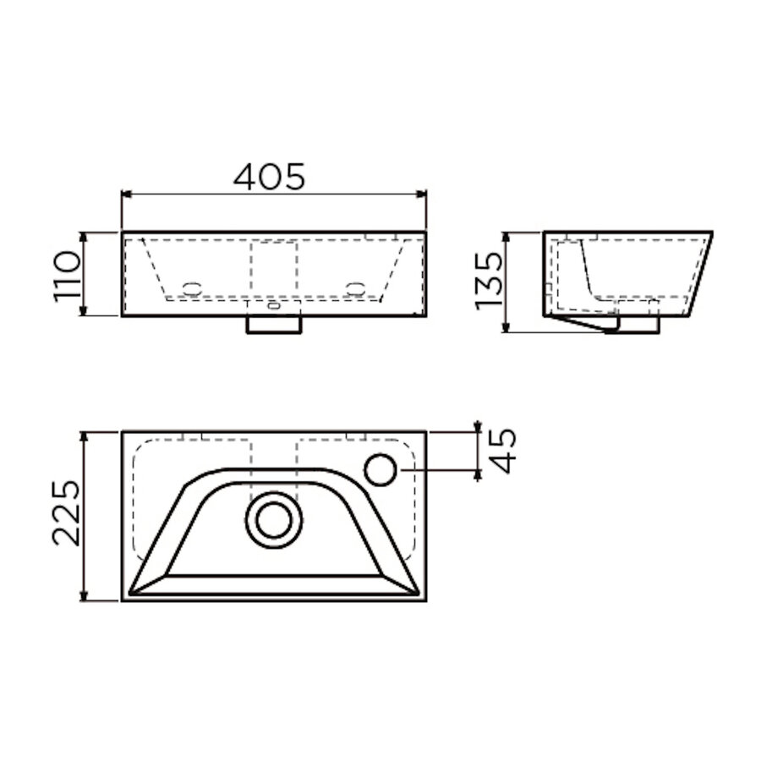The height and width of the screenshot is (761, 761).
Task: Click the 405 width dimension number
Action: [x=269, y=176]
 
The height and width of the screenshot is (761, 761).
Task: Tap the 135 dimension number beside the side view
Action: [x=488, y=280]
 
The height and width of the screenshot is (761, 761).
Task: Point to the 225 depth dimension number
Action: [x=66, y=515]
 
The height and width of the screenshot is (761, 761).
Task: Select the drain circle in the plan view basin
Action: [x=274, y=519]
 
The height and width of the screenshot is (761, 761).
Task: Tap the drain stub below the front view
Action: [x=274, y=324]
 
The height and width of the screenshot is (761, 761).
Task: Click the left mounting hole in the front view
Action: [x=194, y=287]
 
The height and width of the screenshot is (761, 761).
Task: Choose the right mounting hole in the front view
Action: [x=355, y=287]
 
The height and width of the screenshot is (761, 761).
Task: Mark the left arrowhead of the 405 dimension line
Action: [x=127, y=194]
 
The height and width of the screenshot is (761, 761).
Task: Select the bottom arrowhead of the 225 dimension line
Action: [x=85, y=596]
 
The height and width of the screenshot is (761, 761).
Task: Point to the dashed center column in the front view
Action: [x=274, y=271]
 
